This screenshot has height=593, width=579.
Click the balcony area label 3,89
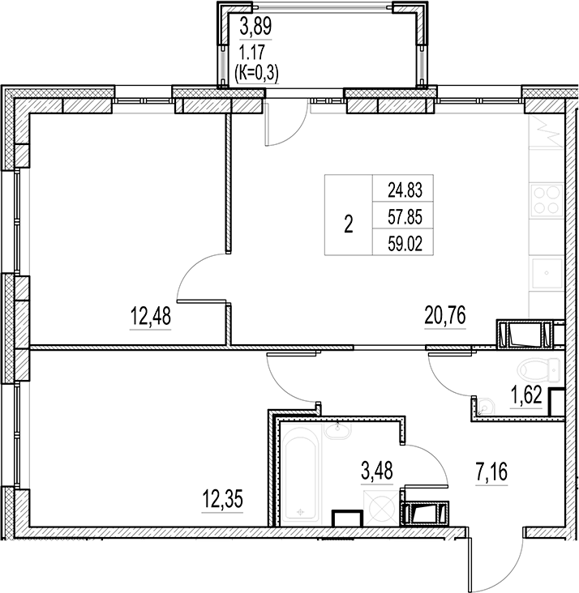point(255,27)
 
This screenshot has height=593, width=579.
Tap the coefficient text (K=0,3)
point(255,73)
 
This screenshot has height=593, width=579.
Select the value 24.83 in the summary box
point(405,191)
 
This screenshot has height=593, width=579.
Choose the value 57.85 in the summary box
point(405,217)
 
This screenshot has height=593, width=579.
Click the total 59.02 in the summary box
point(405,242)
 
